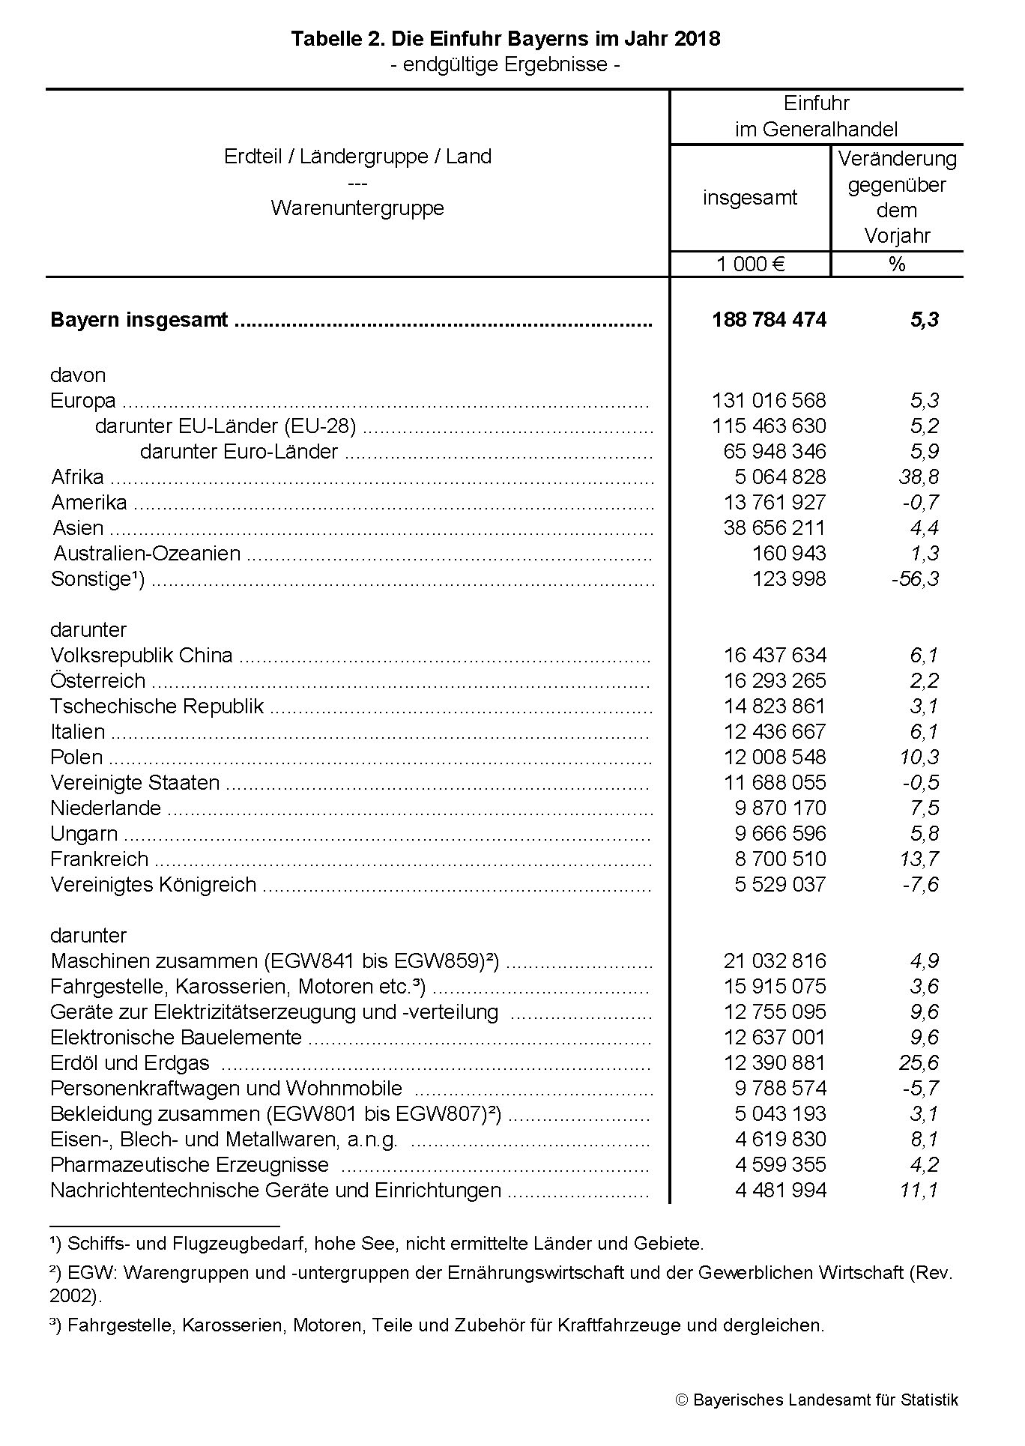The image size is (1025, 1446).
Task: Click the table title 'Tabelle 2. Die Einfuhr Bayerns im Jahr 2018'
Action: click(x=505, y=39)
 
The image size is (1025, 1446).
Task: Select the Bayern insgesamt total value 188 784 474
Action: click(x=769, y=320)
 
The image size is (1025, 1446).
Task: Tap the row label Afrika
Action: click(x=77, y=477)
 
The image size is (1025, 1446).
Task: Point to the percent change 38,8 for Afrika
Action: click(x=919, y=477)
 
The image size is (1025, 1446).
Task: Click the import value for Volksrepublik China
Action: click(x=775, y=656)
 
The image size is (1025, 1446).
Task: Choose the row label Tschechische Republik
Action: click(x=157, y=707)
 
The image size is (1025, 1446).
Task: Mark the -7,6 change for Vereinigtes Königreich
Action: click(x=920, y=885)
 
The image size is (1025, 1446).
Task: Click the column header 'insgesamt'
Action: click(x=749, y=198)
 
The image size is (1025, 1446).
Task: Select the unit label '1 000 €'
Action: click(x=750, y=264)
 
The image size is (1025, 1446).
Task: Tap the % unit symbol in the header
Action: click(x=897, y=264)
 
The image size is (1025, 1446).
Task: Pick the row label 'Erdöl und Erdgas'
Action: click(x=130, y=1063)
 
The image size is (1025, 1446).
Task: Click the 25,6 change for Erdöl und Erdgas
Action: click(x=919, y=1063)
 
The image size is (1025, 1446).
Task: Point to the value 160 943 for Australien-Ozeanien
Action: click(x=789, y=554)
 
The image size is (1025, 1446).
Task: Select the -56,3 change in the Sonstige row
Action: click(x=915, y=579)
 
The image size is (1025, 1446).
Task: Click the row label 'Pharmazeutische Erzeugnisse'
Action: click(x=189, y=1165)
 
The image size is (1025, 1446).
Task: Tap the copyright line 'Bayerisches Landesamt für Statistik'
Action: click(x=825, y=1400)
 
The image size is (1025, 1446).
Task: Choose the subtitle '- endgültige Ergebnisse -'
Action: click(x=505, y=65)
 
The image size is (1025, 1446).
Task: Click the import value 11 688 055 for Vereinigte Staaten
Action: click(x=775, y=783)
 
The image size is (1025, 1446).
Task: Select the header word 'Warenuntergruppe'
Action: click(x=357, y=208)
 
